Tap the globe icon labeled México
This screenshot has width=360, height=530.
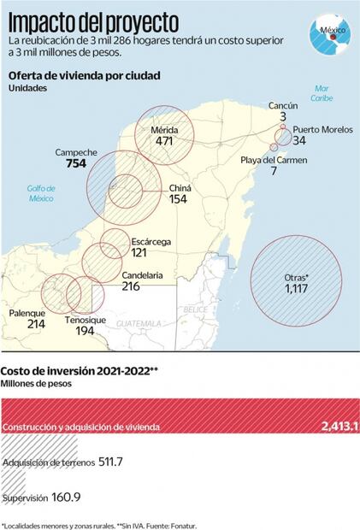330,34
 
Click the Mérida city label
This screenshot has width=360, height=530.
164,129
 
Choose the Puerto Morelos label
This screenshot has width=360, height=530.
323,129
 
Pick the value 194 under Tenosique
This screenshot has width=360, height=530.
85,330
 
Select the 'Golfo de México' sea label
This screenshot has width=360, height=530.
40,193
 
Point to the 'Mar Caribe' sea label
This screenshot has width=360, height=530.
322,92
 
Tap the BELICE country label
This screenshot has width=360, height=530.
195,309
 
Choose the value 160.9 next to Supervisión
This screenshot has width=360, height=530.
64,497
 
